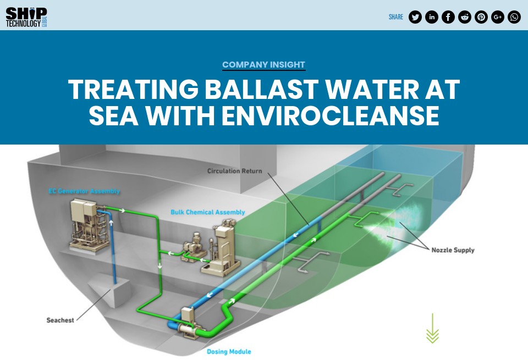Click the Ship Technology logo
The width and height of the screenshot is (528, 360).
(x=26, y=17)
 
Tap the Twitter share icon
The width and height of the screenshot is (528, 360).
(x=415, y=17)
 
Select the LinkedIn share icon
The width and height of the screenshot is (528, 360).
(x=432, y=17)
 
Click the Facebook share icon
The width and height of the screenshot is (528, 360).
(x=448, y=17)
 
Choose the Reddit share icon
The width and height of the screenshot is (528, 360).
(x=465, y=17)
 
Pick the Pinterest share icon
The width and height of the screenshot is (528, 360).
(x=481, y=17)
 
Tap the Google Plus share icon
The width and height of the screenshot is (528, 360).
(x=498, y=17)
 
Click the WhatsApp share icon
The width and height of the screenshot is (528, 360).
(x=514, y=17)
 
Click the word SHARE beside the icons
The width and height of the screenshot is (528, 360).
(x=396, y=17)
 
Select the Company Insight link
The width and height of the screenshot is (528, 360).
(x=263, y=65)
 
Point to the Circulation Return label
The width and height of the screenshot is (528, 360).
(x=235, y=171)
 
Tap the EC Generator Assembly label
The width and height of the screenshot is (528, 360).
(x=84, y=191)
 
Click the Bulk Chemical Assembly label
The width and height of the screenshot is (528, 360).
(x=208, y=212)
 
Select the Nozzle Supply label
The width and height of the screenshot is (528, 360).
(x=453, y=250)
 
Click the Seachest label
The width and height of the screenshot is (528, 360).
(x=60, y=320)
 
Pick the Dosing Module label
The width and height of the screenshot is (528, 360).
(x=229, y=351)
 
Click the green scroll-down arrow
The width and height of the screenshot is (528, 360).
(x=432, y=329)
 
